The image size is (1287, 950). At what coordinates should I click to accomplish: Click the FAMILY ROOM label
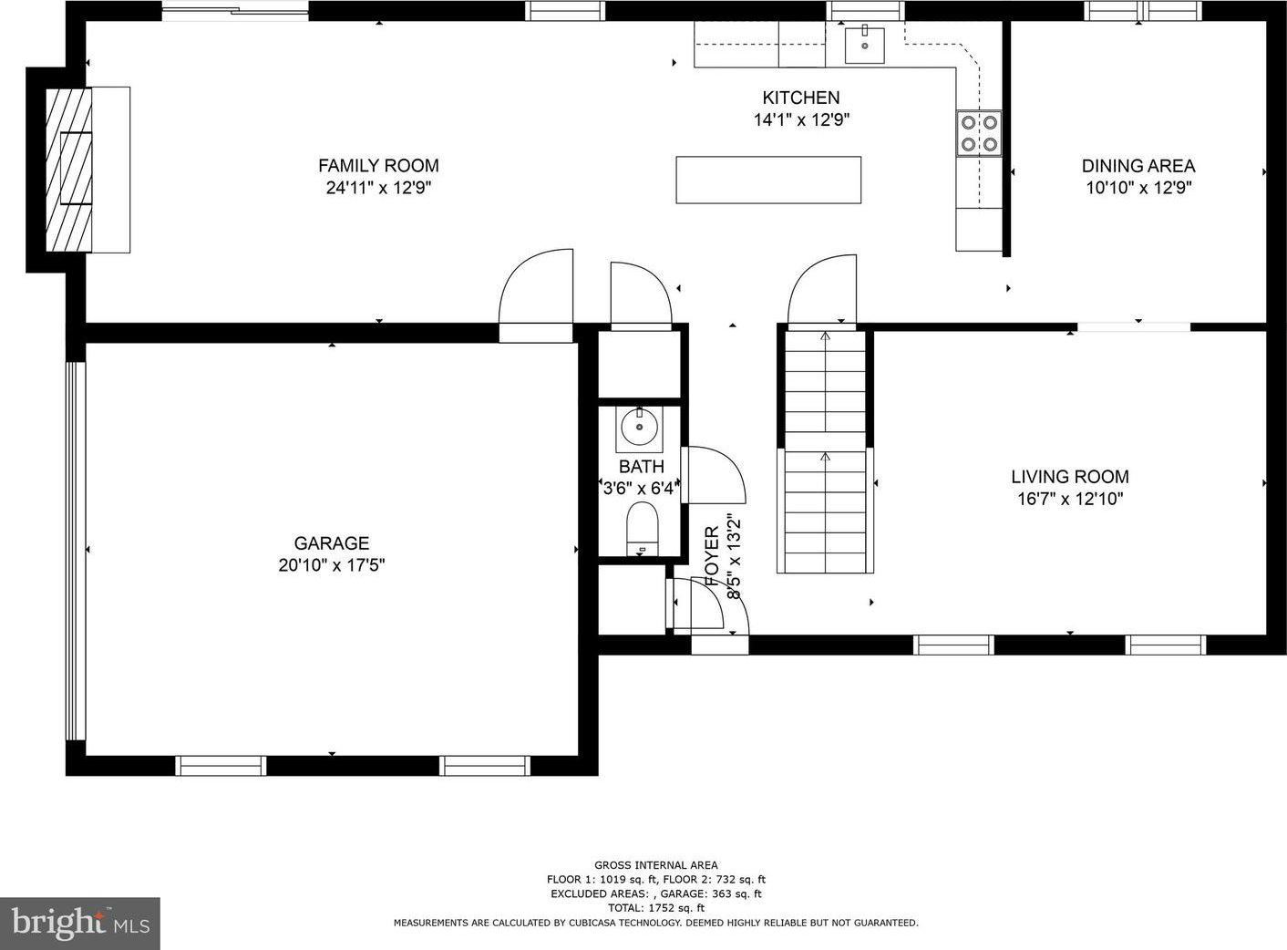click(378, 166)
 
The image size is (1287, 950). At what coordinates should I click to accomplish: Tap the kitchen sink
click(865, 45)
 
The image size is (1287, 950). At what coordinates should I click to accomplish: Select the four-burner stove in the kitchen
click(979, 133)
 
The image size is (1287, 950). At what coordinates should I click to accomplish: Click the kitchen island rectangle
click(768, 180)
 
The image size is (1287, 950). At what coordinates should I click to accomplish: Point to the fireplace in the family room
click(68, 170)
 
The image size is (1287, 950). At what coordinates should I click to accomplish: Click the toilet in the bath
click(643, 529)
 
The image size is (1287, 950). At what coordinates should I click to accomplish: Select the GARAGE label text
click(332, 543)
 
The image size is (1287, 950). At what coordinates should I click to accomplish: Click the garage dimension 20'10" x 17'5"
click(332, 565)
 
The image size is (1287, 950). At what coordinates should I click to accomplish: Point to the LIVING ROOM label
click(1070, 477)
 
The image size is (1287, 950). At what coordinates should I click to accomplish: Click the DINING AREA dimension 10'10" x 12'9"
click(1138, 188)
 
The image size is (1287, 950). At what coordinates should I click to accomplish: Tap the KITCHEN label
click(801, 98)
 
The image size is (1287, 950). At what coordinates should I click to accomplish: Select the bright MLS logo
click(80, 924)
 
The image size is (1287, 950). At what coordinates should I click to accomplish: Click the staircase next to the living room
click(825, 452)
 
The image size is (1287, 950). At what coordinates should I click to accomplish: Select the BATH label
click(641, 467)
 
